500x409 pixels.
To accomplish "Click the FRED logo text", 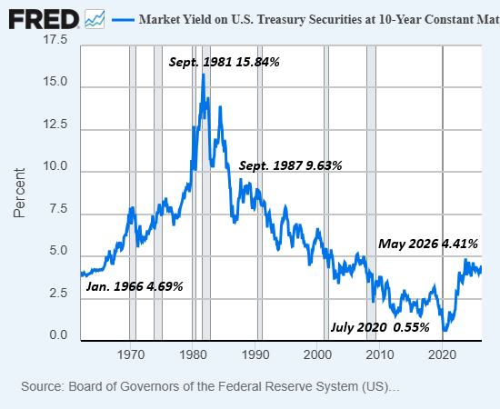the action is point(44,19).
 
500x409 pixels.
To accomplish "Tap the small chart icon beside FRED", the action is point(95,19).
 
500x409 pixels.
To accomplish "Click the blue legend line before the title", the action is point(123,20).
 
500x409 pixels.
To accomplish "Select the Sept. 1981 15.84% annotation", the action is point(224,62).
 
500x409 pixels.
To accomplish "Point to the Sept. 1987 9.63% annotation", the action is point(290,165).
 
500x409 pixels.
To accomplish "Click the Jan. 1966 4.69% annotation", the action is point(135,286).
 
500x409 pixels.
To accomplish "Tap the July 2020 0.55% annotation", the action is point(380,327).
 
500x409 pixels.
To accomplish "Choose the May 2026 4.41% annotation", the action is point(428,244).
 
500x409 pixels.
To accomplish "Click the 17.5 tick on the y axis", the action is point(55,39).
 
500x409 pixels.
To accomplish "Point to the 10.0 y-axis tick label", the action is point(55,166).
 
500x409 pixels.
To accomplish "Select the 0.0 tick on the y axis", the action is point(58,335).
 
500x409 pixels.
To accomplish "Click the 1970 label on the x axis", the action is point(131,354).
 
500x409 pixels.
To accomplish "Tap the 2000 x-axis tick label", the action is point(317,354).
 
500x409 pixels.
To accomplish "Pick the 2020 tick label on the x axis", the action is point(442,354).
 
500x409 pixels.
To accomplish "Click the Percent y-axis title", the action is point(19,193).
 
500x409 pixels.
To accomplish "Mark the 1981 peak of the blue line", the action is point(204,75).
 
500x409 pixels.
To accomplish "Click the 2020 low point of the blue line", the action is point(445,330).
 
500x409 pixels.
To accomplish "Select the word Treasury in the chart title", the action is point(281,19).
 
